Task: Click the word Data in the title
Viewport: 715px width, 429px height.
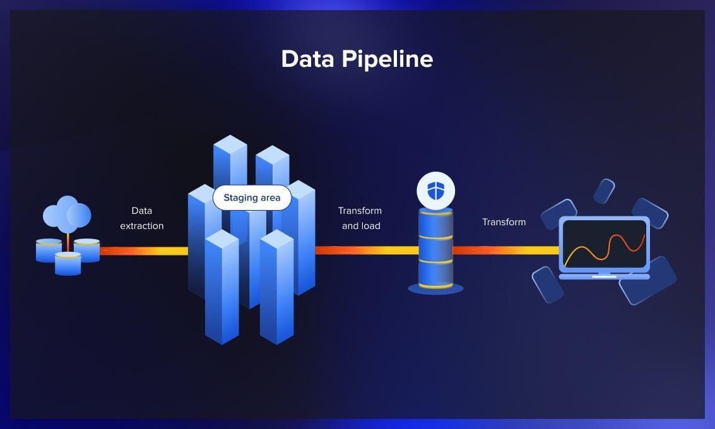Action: point(307,59)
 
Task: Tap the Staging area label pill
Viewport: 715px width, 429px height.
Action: point(252,197)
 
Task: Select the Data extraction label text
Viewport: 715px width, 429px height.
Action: point(142,218)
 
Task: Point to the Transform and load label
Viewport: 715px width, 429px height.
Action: point(360,218)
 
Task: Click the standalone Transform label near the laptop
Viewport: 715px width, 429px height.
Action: point(504,222)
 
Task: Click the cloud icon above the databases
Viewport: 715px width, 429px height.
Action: point(67,214)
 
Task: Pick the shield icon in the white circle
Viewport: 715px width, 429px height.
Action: point(435,191)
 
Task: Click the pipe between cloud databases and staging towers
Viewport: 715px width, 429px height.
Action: point(144,250)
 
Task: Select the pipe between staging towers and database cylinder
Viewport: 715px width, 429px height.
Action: point(367,250)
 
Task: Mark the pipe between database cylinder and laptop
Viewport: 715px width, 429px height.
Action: point(505,250)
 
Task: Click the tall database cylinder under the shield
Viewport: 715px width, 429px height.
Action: point(435,249)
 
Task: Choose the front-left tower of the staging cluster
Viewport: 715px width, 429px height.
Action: point(222,287)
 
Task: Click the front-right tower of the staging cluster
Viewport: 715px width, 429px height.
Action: point(277,287)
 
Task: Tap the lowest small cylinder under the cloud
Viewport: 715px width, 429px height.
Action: point(68,264)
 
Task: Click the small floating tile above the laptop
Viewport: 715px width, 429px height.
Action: point(604,191)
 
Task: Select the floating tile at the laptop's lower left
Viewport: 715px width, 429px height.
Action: point(548,285)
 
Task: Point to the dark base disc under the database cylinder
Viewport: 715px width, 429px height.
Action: point(435,288)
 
